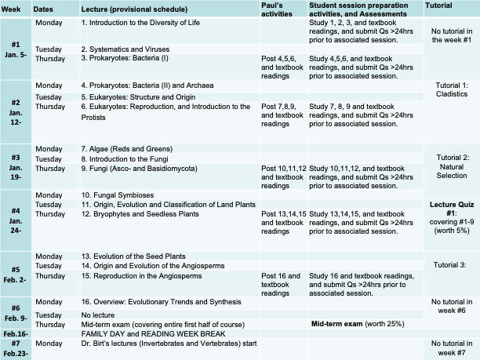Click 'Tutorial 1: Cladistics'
click(449, 89)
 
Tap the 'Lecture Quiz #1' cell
click(449, 214)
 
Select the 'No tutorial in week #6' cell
click(449, 306)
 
